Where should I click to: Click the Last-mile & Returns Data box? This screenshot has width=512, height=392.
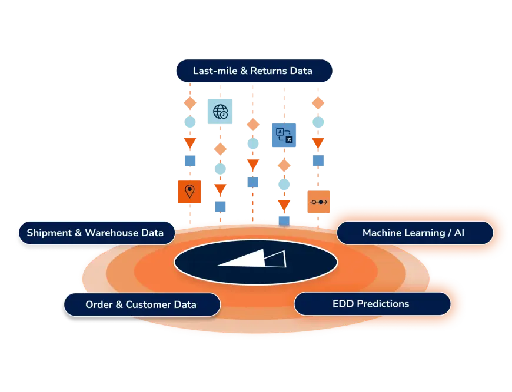pyautogui.click(x=254, y=71)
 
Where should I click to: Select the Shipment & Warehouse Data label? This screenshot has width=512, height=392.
pyautogui.click(x=97, y=233)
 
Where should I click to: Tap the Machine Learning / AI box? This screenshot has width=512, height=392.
pyautogui.click(x=414, y=233)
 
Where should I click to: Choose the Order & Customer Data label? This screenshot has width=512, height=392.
pyautogui.click(x=141, y=304)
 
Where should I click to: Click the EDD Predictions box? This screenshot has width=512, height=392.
pyautogui.click(x=372, y=304)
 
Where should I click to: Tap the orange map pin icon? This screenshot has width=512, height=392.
pyautogui.click(x=189, y=191)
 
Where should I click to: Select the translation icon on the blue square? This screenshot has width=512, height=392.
pyautogui.click(x=283, y=136)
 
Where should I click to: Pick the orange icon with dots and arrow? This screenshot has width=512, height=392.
pyautogui.click(x=320, y=202)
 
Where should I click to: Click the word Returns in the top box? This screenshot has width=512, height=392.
pyautogui.click(x=269, y=71)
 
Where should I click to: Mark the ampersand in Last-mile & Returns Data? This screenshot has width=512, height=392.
pyautogui.click(x=242, y=71)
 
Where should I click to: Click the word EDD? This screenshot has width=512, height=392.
pyautogui.click(x=343, y=304)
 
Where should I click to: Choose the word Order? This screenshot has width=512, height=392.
pyautogui.click(x=99, y=304)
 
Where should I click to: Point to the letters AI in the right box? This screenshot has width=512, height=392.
pyautogui.click(x=459, y=233)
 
